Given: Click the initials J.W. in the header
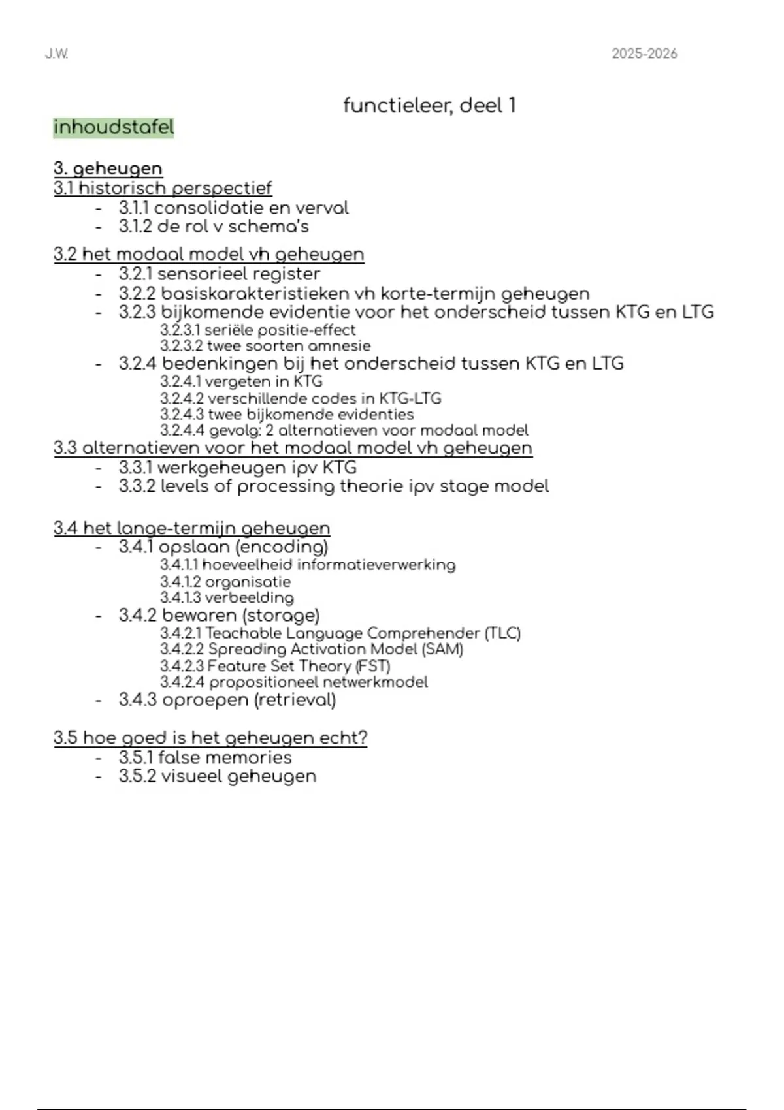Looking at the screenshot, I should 57,54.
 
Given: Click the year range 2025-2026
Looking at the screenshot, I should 644,54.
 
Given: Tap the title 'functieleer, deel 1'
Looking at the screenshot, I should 429,105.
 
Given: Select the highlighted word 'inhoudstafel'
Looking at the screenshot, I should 114,127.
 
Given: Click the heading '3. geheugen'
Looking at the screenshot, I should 108,168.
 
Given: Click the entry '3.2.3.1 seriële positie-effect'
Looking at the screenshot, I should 257,330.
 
